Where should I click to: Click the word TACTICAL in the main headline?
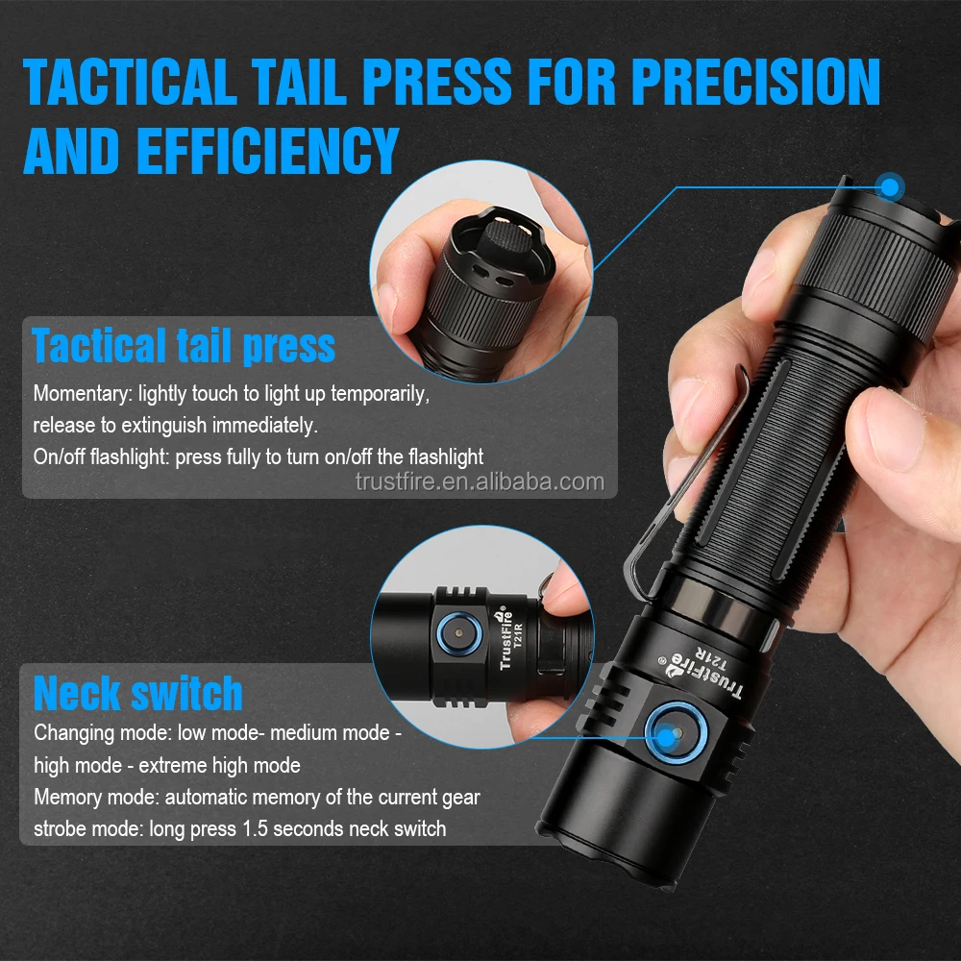tap(131, 81)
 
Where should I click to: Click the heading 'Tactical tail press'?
tap(184, 345)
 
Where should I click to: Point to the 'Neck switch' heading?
tap(138, 693)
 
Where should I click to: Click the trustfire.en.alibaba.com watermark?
tap(480, 481)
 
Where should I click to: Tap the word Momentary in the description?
tap(83, 393)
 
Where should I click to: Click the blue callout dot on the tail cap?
tap(891, 186)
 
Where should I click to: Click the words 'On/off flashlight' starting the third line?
tap(101, 456)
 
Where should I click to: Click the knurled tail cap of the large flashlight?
tap(870, 259)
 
